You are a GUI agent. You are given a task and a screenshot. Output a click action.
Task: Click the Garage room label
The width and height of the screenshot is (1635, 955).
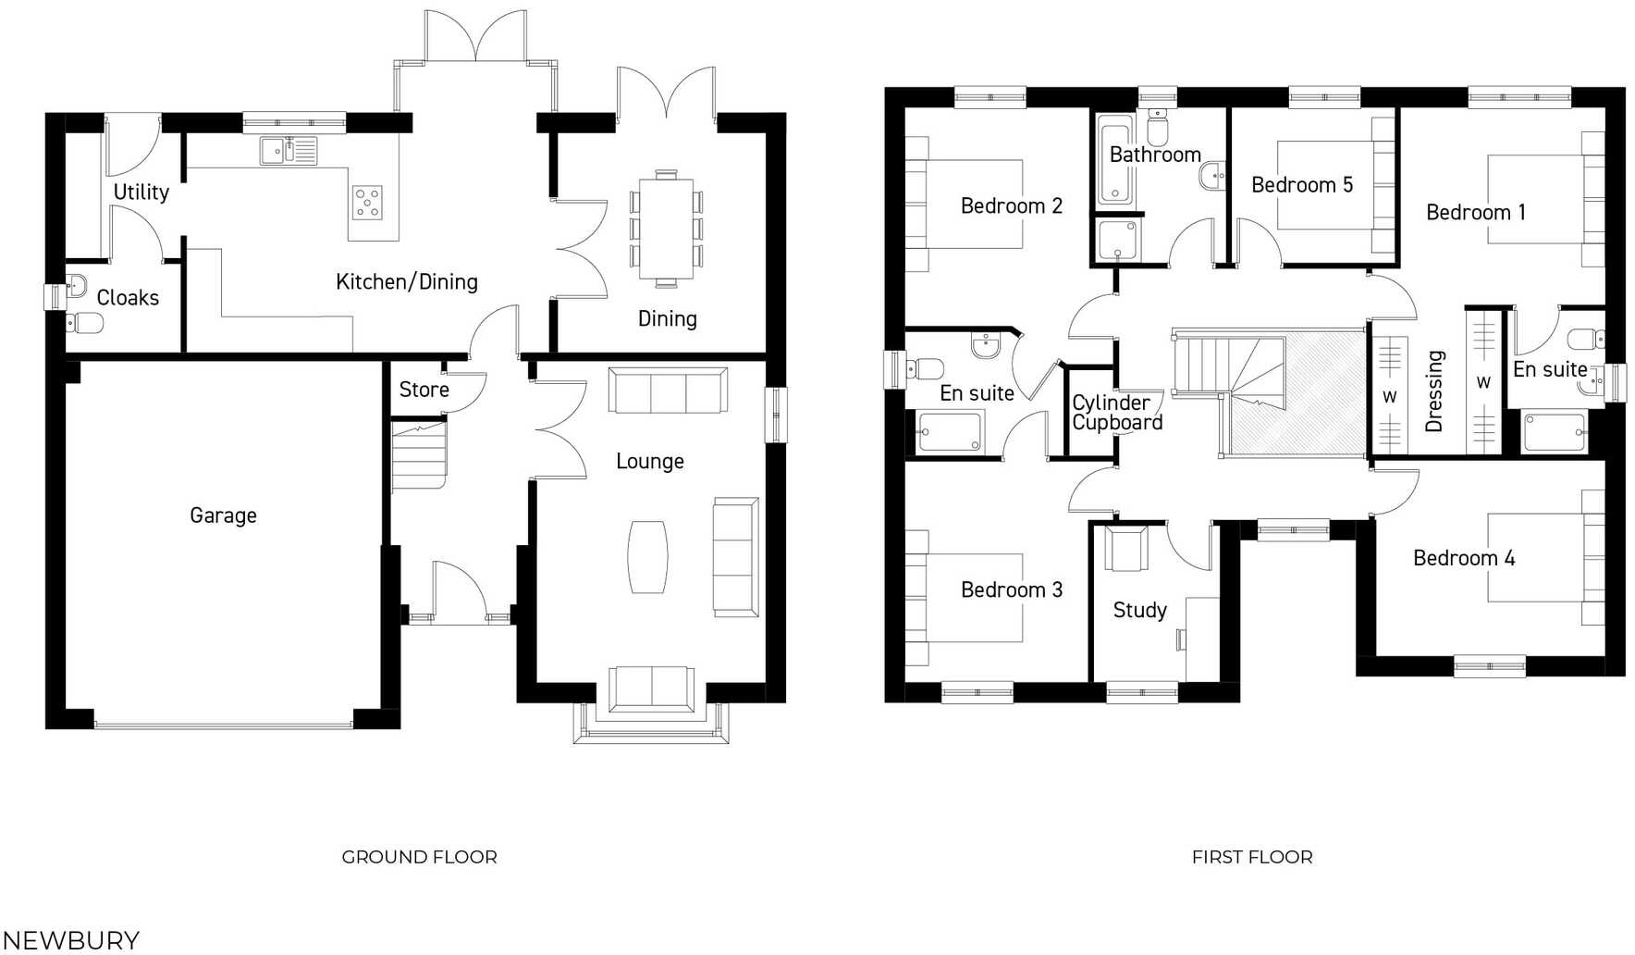[223, 515]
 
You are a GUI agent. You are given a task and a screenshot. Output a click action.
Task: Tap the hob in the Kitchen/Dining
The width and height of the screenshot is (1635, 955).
[367, 203]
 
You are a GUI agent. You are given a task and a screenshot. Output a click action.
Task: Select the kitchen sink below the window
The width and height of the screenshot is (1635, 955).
[289, 151]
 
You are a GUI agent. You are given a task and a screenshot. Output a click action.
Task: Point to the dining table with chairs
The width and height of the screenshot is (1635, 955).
[666, 228]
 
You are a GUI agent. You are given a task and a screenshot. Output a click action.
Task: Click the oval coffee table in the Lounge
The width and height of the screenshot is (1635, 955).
[647, 556]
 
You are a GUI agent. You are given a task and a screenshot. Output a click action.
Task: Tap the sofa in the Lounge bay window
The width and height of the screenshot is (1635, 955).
[651, 688]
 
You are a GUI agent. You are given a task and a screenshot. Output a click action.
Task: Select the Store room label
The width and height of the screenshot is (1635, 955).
[424, 390]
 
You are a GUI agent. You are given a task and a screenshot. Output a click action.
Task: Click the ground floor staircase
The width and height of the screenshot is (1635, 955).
[418, 455]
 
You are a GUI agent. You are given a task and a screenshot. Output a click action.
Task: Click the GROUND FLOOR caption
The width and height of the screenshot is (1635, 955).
[419, 857]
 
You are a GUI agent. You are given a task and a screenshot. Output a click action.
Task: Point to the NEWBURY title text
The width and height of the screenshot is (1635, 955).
[70, 939]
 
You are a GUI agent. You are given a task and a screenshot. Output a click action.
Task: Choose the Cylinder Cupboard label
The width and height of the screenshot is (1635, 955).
[1116, 413]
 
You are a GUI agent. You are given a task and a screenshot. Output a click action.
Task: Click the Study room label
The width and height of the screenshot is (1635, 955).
[1139, 610]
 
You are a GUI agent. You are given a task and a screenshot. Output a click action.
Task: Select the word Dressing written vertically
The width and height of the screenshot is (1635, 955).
[1434, 391]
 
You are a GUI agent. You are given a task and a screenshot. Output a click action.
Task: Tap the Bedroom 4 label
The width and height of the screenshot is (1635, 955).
[1463, 558]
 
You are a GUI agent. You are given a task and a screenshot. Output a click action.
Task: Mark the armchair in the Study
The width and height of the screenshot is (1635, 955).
[1126, 549]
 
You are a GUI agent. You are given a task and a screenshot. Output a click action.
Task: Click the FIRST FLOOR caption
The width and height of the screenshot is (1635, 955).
[1251, 857]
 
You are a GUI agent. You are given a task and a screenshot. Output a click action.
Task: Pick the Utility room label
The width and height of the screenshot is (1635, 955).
[141, 192]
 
